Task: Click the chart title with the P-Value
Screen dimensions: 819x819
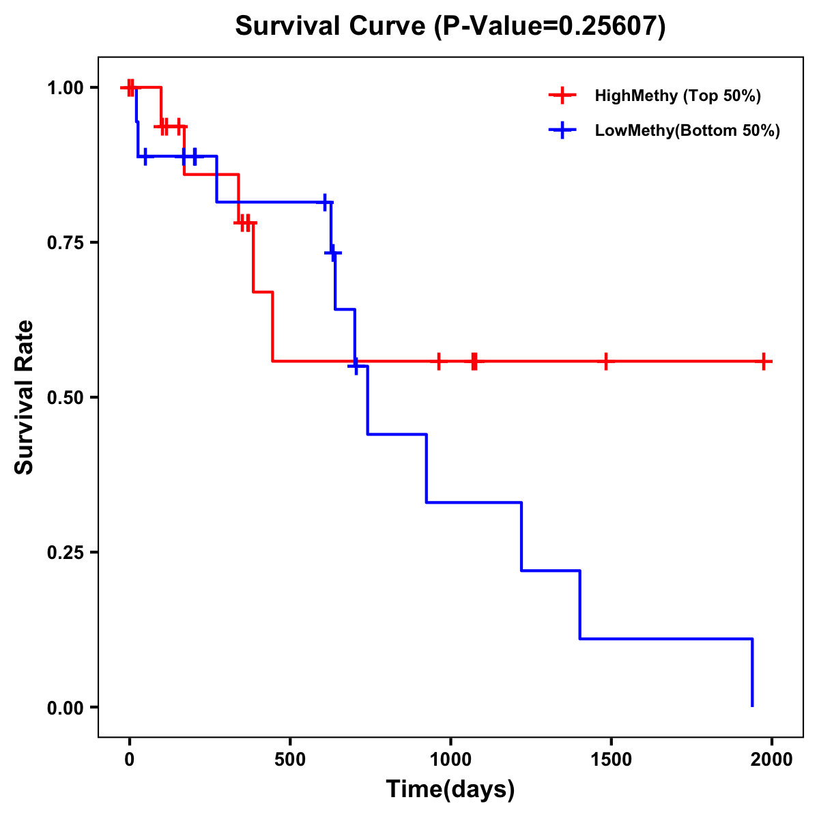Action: pos(450,26)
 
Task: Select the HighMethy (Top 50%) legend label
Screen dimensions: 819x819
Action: pos(678,96)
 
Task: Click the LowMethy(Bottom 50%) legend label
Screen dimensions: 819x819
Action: pos(687,130)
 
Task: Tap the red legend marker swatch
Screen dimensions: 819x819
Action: pos(562,96)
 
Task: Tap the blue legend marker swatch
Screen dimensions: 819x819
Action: pos(562,130)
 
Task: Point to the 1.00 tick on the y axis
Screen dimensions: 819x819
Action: pos(65,88)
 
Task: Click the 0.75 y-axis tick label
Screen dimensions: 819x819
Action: pos(65,243)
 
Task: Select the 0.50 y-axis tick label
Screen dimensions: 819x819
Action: pos(65,398)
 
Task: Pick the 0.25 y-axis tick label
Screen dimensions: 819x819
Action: pos(65,553)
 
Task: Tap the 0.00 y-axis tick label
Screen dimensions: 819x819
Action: pos(65,708)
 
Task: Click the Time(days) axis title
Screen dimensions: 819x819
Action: pos(450,790)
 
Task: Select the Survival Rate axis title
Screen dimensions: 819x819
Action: pos(25,398)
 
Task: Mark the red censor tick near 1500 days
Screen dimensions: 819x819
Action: pos(605,361)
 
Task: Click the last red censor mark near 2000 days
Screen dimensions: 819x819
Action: pos(764,361)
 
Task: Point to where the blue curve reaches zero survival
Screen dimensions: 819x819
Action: pos(752,706)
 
